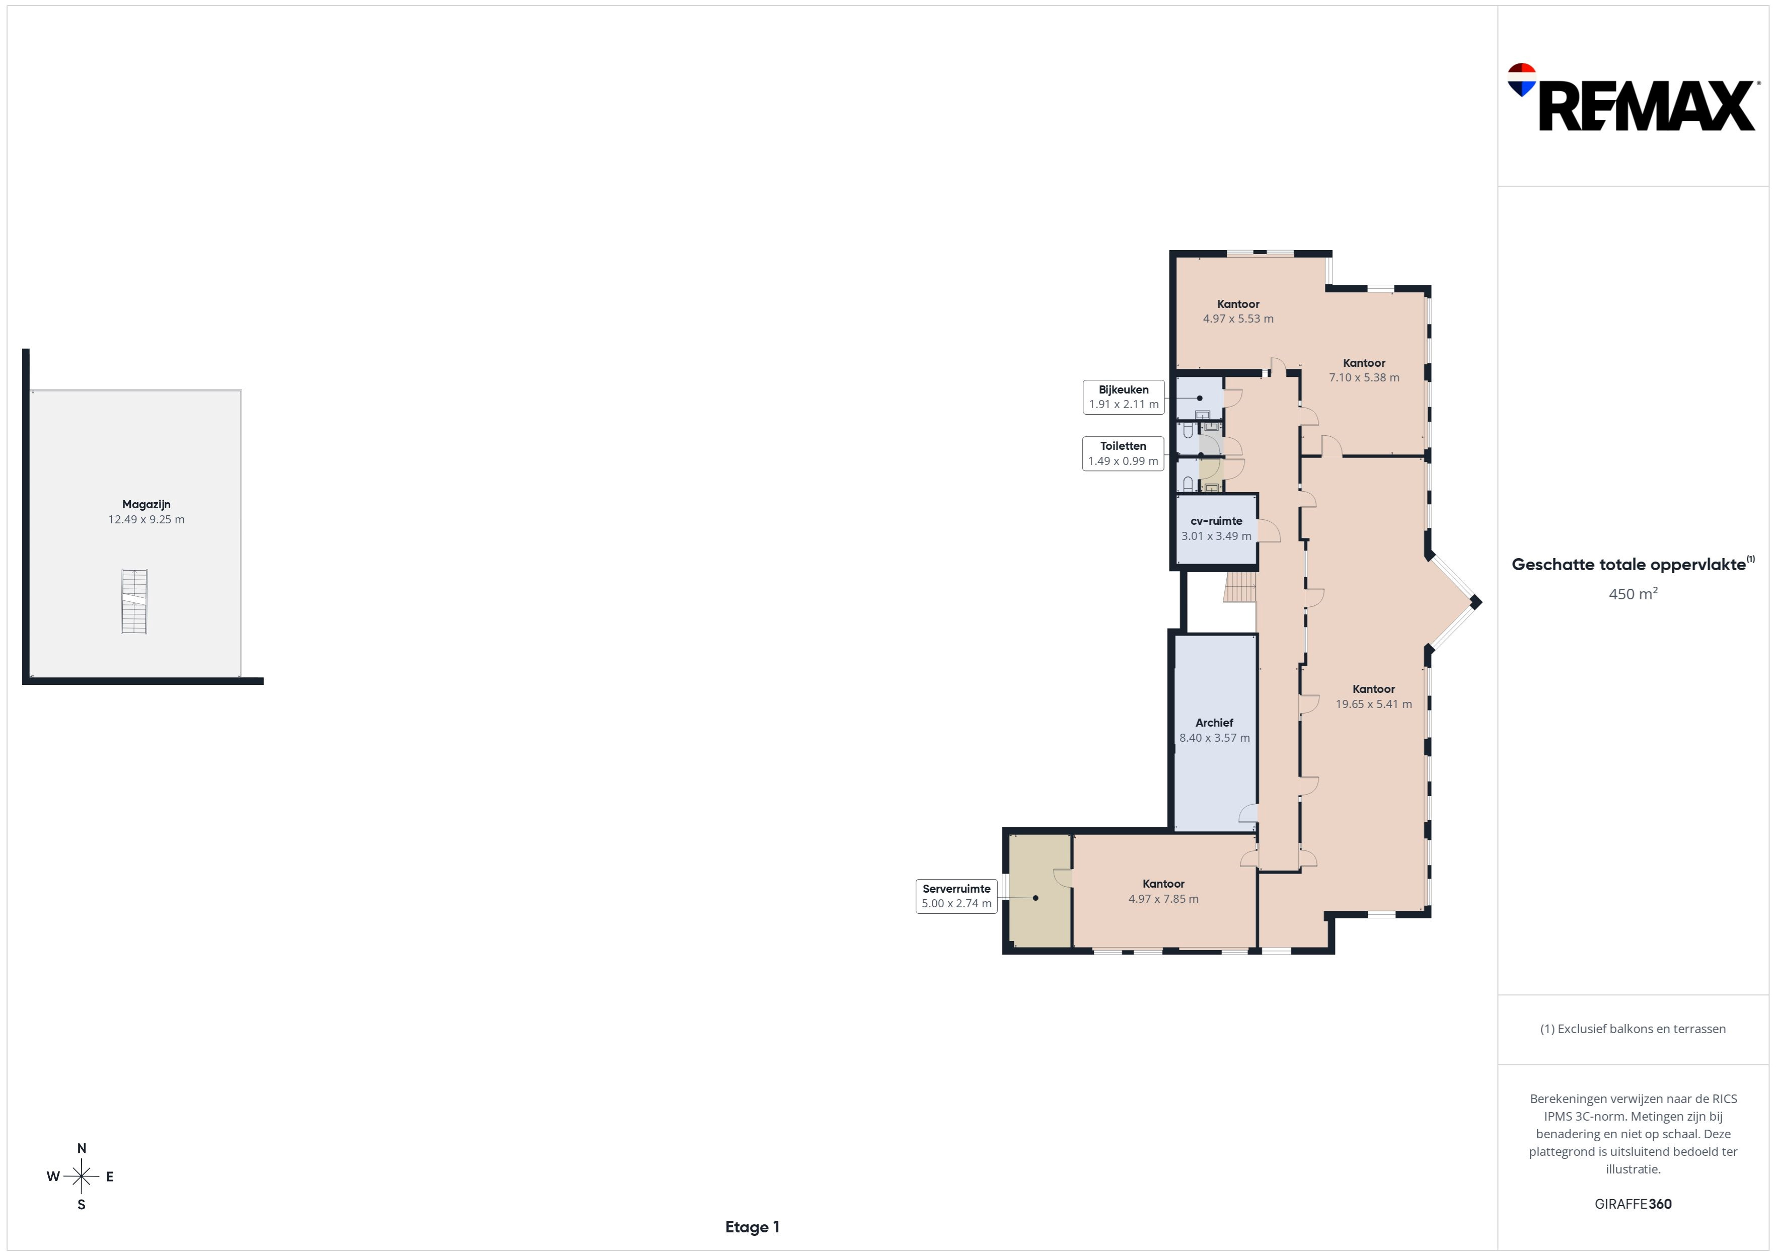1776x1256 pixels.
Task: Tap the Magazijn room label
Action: (146, 504)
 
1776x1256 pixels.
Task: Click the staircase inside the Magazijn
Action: (134, 602)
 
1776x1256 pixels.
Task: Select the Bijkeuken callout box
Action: (1123, 397)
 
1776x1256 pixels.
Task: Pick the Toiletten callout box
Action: (1123, 453)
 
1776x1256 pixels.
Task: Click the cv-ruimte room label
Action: (1216, 521)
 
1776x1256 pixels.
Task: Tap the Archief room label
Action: (1214, 723)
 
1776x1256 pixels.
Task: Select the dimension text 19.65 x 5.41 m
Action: (1374, 704)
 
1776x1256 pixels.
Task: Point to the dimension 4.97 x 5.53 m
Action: (1238, 319)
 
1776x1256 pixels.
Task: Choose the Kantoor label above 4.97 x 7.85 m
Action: (1163, 884)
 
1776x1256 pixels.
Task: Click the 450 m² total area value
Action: (1633, 594)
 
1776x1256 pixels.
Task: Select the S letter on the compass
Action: (81, 1204)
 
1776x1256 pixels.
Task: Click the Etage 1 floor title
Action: (752, 1227)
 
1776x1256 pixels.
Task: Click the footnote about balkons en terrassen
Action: (1633, 1029)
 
